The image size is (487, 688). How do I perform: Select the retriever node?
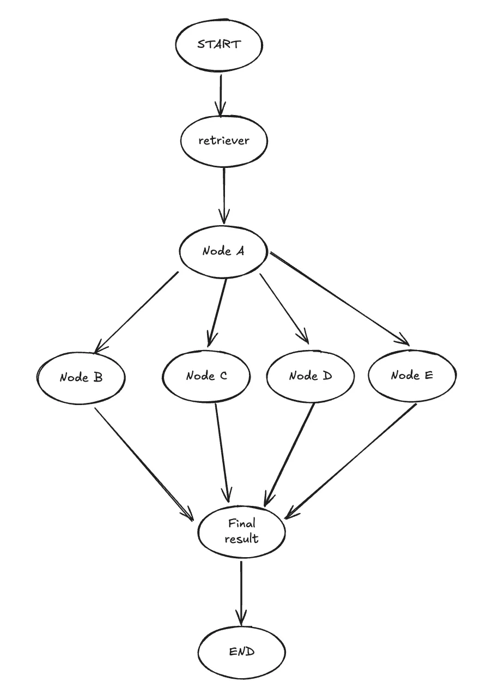coord(223,141)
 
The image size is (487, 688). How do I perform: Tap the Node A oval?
coord(223,251)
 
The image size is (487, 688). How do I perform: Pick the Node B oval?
coord(82,377)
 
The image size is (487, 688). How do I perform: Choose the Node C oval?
coord(206,376)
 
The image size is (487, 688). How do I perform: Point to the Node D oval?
coord(311,376)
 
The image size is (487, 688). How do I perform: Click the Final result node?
coord(242,532)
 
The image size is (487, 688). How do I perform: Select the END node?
coord(242,652)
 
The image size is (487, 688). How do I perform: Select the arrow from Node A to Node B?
coord(137,311)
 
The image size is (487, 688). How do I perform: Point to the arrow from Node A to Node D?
coord(284,308)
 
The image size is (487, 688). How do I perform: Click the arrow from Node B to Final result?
coord(144,463)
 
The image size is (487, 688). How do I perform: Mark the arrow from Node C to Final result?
coord(222,452)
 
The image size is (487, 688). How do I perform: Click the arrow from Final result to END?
coord(240,592)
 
